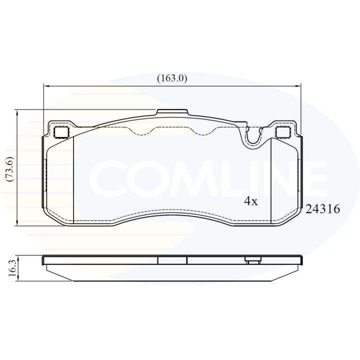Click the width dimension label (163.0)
tap(172, 78)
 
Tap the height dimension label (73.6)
tap(11, 168)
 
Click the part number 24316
tap(322, 209)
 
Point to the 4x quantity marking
tap(251, 201)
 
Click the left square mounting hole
tap(61, 132)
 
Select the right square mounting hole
tap(284, 132)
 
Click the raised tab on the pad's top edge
tap(172, 112)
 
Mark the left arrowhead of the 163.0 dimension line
tap(46, 86)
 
